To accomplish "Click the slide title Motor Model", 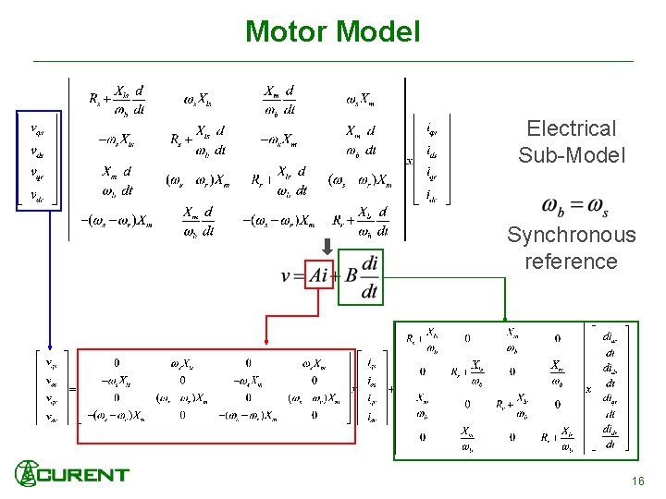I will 332,31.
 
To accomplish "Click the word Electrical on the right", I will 571,128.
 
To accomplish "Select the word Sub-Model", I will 572,155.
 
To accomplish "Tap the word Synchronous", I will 571,235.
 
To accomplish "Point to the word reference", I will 571,262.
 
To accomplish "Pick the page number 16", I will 637,481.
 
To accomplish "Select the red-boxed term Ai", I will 319,275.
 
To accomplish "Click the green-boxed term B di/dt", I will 360,275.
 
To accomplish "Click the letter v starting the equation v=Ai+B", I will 286,275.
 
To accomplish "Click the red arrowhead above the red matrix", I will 265,344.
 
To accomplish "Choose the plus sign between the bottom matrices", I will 390,389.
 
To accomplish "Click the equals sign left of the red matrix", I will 71,389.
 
